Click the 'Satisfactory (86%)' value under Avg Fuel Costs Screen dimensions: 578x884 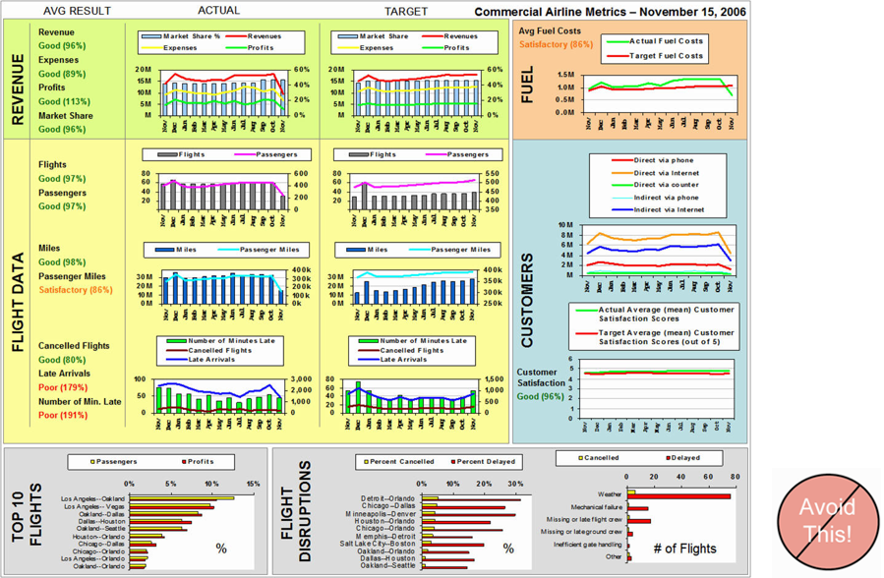[556, 44]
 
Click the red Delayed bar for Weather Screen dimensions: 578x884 [679, 496]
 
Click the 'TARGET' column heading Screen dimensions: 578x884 [405, 11]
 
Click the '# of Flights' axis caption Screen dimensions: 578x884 [686, 548]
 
